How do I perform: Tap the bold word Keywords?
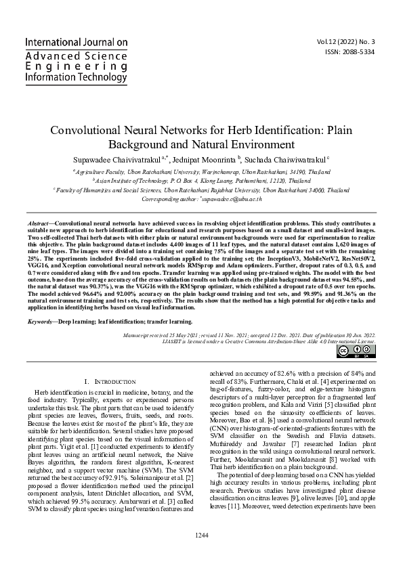pos(41,322)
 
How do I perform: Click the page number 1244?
pos(201,555)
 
